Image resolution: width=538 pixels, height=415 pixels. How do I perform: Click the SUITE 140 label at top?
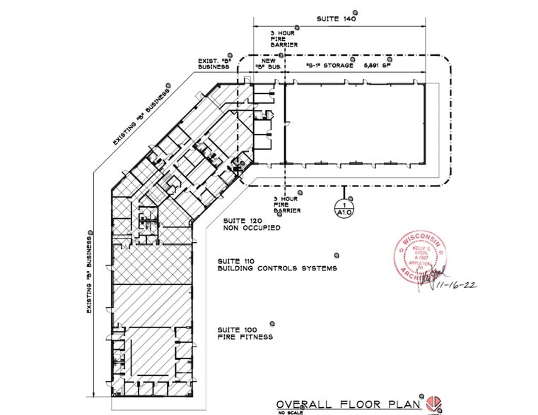tap(336, 20)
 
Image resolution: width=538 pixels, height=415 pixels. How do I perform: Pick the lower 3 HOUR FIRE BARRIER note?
tap(287, 205)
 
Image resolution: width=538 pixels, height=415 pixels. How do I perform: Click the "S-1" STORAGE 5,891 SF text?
tap(352, 66)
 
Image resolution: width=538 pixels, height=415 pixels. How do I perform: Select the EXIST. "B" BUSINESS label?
tap(214, 64)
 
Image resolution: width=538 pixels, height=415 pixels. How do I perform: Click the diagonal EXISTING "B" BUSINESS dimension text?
tap(142, 117)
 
